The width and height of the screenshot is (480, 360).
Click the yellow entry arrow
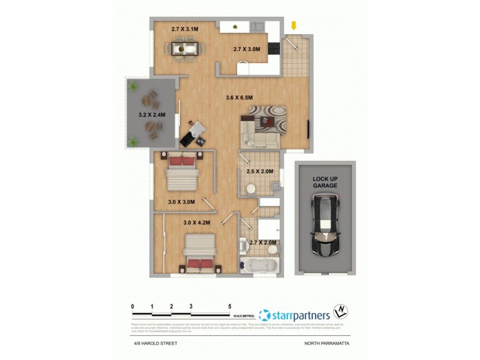point(293,26)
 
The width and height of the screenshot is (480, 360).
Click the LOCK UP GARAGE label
point(325,182)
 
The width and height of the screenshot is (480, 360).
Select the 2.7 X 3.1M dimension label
point(184,28)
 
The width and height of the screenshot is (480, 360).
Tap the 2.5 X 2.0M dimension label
point(260,172)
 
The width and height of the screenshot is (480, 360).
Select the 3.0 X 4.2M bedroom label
point(196,223)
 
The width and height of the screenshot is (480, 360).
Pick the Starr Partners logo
point(294,314)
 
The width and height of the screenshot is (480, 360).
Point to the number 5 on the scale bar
point(230,306)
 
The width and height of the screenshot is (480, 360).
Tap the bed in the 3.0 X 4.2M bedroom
point(200,253)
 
